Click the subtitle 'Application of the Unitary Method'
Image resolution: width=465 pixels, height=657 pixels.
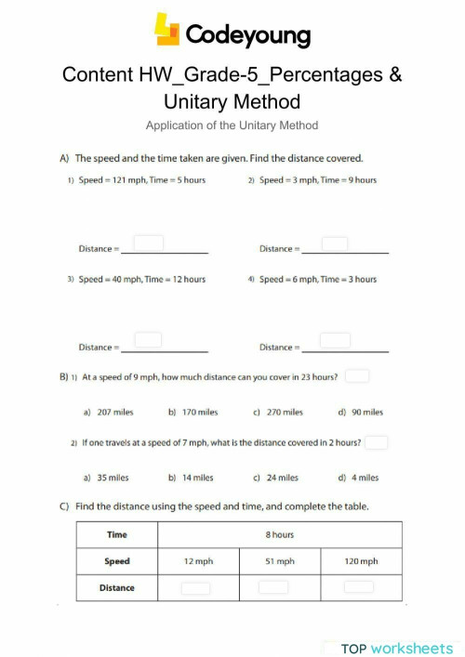[232, 125]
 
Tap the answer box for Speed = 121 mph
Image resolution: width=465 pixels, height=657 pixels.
[149, 243]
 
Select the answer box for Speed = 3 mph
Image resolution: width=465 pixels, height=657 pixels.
[335, 243]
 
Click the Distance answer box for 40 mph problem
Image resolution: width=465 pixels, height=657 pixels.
[149, 341]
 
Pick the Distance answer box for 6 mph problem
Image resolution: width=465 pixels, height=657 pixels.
[335, 341]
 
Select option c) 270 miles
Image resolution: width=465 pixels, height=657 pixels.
[278, 412]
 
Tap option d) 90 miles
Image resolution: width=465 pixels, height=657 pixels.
[360, 412]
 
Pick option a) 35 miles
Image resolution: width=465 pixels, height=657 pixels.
[106, 478]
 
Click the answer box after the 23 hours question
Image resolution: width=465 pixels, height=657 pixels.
[357, 376]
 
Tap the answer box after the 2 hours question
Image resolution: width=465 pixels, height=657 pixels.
[376, 442]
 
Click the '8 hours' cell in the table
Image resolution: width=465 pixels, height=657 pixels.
[280, 534]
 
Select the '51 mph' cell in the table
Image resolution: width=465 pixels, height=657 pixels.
[280, 561]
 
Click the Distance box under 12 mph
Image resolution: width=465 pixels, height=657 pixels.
[195, 587]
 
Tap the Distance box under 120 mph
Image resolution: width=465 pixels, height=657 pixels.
[358, 587]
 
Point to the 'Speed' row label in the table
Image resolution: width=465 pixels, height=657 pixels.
[117, 561]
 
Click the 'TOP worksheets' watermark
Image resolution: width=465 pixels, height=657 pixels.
[396, 648]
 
